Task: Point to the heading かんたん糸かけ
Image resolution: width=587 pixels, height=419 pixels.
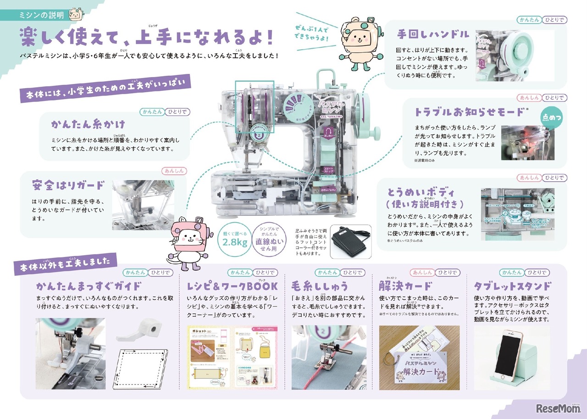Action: (x=89, y=124)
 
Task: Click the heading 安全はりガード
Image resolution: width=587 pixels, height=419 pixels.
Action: (x=68, y=185)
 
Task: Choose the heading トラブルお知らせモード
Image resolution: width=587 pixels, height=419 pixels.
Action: (x=469, y=112)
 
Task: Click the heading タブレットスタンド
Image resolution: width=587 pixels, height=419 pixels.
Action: (x=511, y=286)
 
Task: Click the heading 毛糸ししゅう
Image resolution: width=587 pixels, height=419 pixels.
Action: (x=319, y=286)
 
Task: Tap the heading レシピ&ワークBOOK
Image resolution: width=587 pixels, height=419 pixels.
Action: (x=232, y=286)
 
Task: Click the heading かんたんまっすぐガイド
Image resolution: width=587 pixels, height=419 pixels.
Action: (x=89, y=286)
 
